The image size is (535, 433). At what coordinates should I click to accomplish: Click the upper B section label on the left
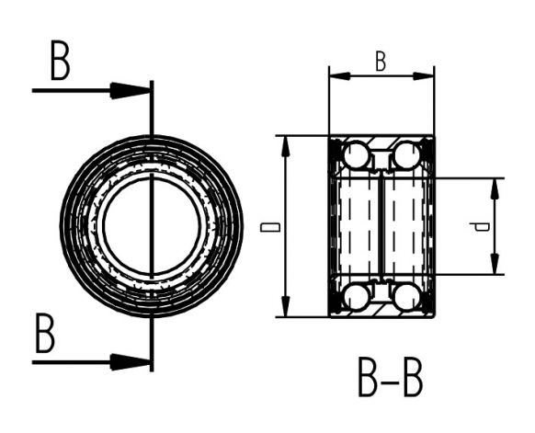point(60,63)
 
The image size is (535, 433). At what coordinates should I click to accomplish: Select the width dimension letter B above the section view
point(381,62)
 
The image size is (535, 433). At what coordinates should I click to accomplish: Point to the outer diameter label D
point(267,226)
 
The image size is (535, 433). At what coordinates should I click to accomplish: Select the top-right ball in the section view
point(405,154)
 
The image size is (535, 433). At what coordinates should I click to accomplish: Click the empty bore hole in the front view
point(151,226)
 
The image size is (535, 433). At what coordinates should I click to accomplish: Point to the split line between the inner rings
point(381,226)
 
